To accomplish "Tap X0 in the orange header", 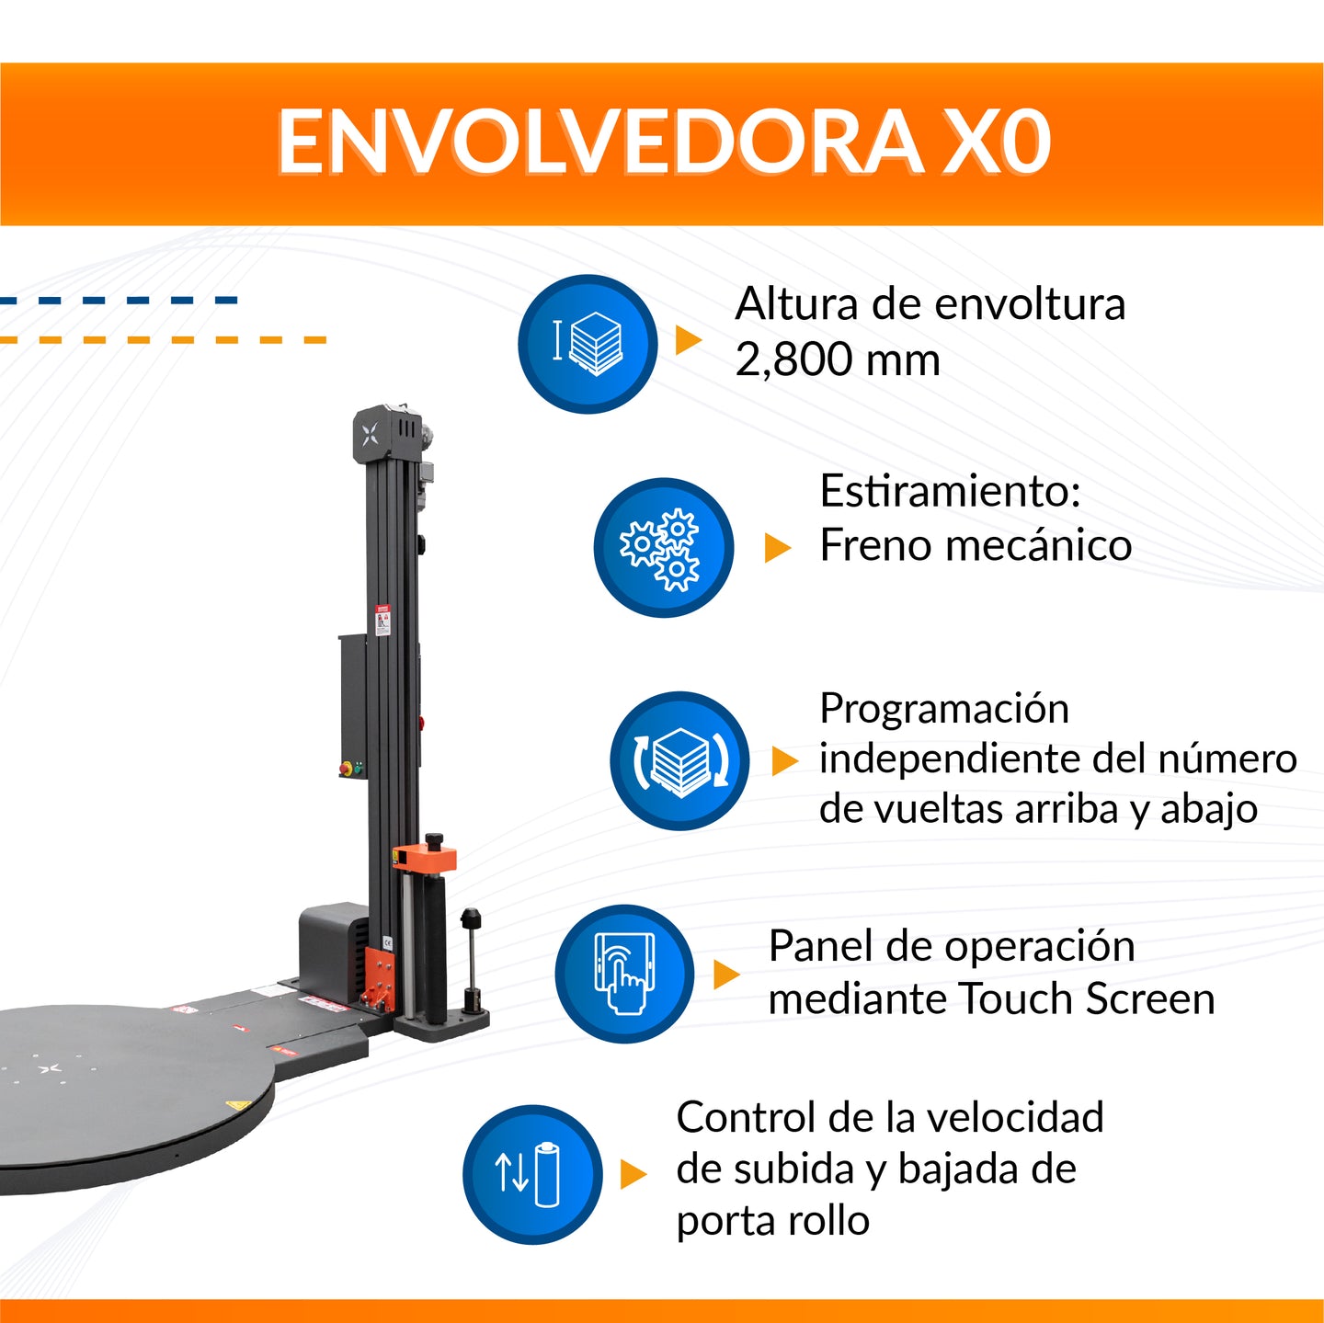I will pos(997,143).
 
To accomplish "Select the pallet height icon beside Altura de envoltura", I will pos(588,344).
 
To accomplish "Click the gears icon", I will pos(663,548).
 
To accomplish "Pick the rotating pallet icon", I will pos(679,761).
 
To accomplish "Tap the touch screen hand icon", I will pos(624,974).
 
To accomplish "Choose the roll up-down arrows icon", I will pos(531,1174).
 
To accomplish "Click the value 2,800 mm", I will pos(838,359).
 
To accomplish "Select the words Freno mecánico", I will pos(975,545).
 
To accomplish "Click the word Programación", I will pos(943,709).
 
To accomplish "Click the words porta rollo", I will pos(772,1221).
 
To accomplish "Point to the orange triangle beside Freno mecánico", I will pos(777,548).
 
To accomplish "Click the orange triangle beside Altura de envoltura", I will pos(688,340).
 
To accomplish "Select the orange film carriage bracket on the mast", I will pos(425,859).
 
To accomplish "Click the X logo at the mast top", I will pos(370,435).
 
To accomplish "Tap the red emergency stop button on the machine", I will pos(347,767).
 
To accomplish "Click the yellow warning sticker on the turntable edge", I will pos(237,1103).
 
